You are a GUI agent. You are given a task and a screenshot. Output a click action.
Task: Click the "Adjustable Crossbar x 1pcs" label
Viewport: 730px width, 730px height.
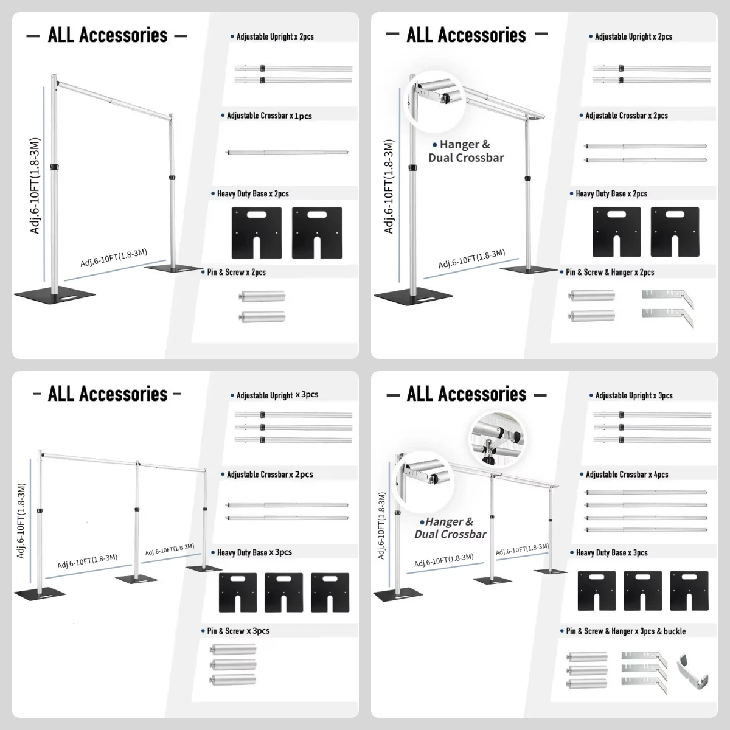[x=269, y=116]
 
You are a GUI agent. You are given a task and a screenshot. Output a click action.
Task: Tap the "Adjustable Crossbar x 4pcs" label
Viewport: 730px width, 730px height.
[x=627, y=474]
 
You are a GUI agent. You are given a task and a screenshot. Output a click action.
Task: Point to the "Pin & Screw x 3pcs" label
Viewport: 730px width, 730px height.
[x=238, y=631]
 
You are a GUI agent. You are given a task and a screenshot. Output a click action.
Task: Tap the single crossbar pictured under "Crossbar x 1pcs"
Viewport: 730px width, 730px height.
[x=287, y=153]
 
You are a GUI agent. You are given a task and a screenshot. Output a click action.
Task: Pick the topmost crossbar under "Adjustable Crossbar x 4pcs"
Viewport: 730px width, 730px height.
[x=645, y=492]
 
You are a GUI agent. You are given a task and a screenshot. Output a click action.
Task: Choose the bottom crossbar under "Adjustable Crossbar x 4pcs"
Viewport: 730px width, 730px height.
[x=645, y=530]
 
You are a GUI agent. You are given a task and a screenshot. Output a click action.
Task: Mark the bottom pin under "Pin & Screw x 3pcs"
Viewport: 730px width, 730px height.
[x=231, y=680]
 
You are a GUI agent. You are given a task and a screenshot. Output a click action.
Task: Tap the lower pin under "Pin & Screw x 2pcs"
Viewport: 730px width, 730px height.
[x=262, y=317]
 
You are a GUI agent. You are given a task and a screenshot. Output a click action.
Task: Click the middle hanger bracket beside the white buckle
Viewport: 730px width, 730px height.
[x=644, y=669]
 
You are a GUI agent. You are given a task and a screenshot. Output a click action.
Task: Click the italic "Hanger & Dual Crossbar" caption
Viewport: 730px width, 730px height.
[x=450, y=527]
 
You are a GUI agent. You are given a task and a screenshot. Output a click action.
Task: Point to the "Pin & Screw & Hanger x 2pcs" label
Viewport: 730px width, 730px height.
[x=610, y=272]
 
